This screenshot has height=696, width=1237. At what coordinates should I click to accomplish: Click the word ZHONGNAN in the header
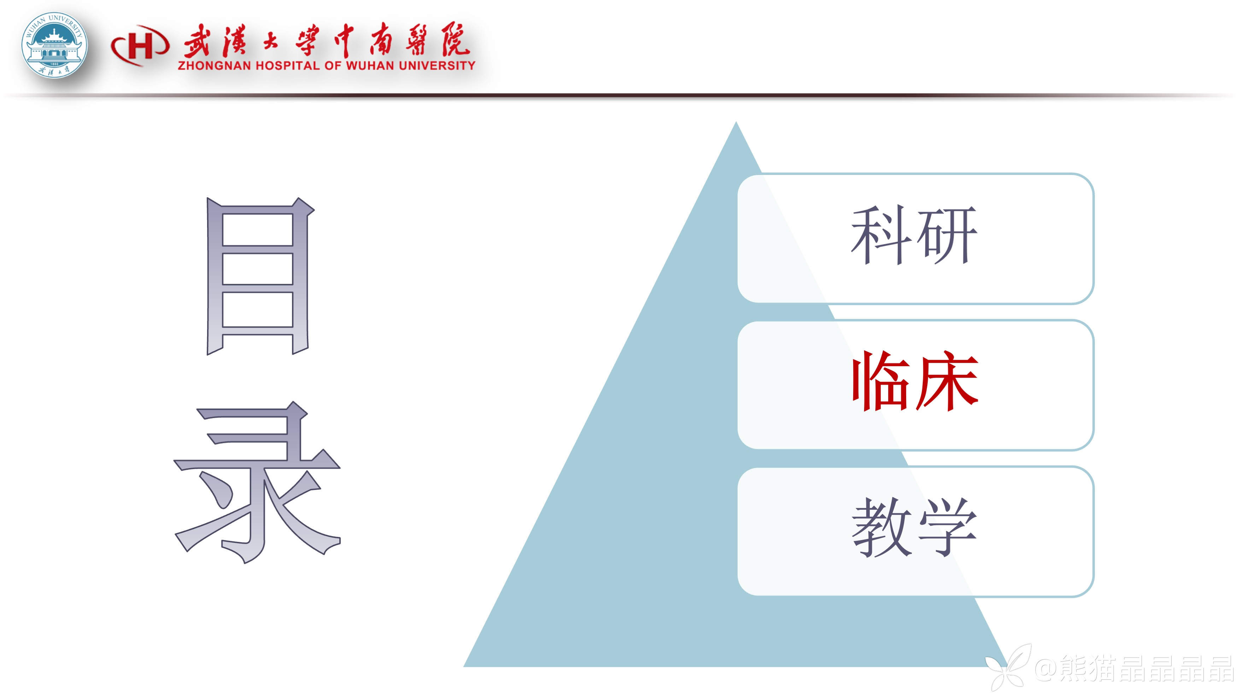click(x=214, y=65)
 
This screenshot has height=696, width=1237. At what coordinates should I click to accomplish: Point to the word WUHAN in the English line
click(x=370, y=65)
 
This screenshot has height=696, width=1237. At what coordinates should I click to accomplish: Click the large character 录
click(x=257, y=482)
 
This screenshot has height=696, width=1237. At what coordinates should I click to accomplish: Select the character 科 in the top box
click(x=881, y=235)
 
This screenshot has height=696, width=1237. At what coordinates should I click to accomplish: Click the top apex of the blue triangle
click(x=736, y=122)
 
